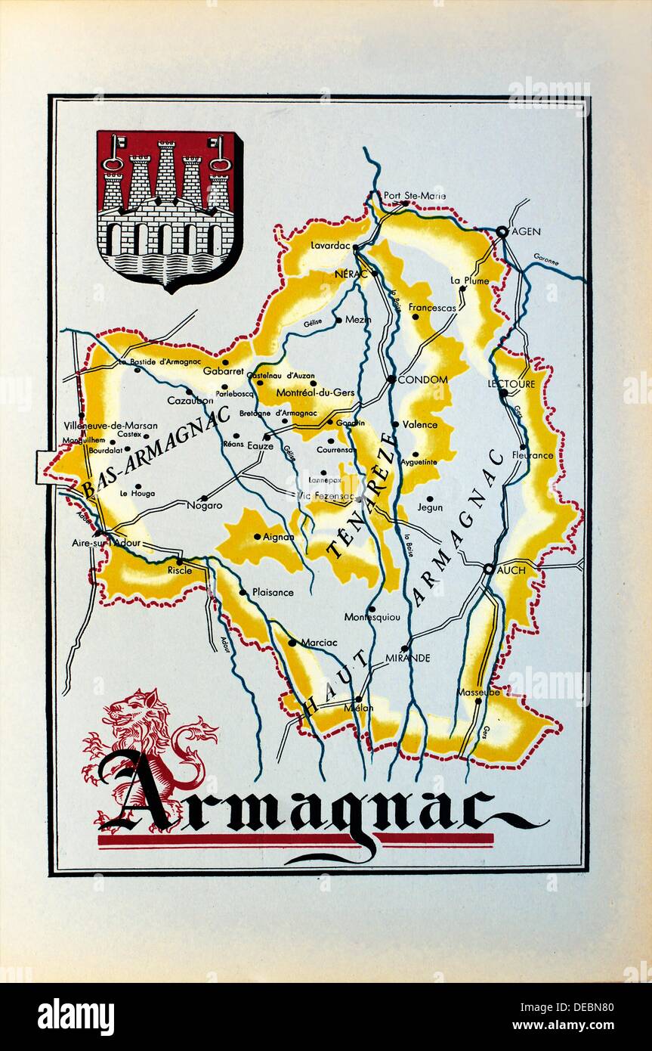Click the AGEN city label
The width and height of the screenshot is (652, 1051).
point(526,231)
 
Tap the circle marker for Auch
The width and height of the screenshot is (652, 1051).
point(489,569)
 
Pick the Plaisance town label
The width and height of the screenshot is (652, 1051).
point(273,592)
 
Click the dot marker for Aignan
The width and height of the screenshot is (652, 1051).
point(257,537)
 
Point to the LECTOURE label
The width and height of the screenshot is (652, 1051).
point(511,383)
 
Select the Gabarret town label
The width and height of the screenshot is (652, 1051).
point(223,371)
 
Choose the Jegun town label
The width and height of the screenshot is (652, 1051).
point(431,509)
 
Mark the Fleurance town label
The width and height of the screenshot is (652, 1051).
point(533,455)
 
